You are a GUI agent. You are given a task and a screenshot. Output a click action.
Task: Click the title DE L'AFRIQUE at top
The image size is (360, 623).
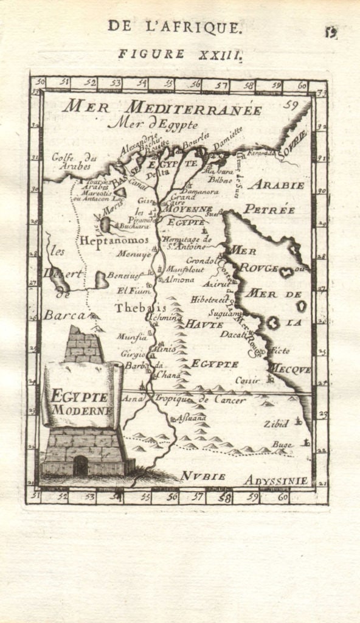pyautogui.click(x=176, y=26)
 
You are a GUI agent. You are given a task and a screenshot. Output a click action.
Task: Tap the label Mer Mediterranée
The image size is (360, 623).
pyautogui.click(x=162, y=108)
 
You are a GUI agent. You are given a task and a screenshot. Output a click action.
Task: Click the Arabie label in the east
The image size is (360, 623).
pyautogui.click(x=275, y=184)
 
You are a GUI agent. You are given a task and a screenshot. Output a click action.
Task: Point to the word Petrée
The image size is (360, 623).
pyautogui.click(x=269, y=209)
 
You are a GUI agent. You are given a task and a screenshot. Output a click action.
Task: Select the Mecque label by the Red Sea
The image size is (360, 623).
pyautogui.click(x=290, y=369)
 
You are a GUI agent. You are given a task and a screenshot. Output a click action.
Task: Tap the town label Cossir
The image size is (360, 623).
pyautogui.click(x=247, y=380)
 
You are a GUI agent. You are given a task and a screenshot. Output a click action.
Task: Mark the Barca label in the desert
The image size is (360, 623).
pyautogui.click(x=63, y=315)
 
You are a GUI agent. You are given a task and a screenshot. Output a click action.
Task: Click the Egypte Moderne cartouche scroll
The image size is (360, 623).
pyautogui.click(x=81, y=395)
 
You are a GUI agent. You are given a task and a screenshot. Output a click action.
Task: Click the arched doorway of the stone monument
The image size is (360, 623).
pyautogui.click(x=80, y=467)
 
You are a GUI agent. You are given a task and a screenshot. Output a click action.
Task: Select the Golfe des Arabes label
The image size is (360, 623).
pyautogui.click(x=71, y=161)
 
